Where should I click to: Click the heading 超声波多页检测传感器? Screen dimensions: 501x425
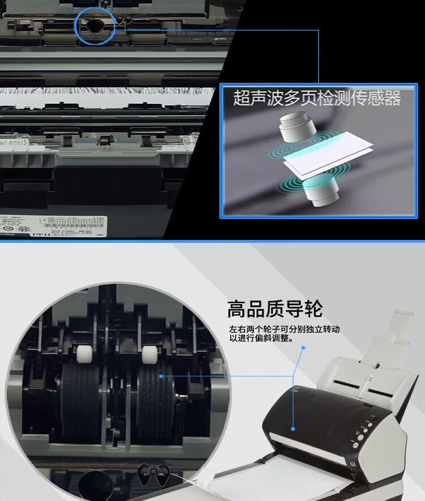coord(317,98)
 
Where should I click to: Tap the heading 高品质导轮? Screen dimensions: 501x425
coord(275,309)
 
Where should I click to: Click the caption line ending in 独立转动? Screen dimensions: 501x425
coord(284,330)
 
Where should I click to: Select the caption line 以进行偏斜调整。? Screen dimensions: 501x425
coord(261,339)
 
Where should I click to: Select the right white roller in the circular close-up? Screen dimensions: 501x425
coord(150,356)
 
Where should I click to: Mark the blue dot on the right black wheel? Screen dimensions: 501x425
coord(161,376)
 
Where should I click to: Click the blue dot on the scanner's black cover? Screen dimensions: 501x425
coord(293,428)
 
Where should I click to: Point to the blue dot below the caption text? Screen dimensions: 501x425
coord(303,348)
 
